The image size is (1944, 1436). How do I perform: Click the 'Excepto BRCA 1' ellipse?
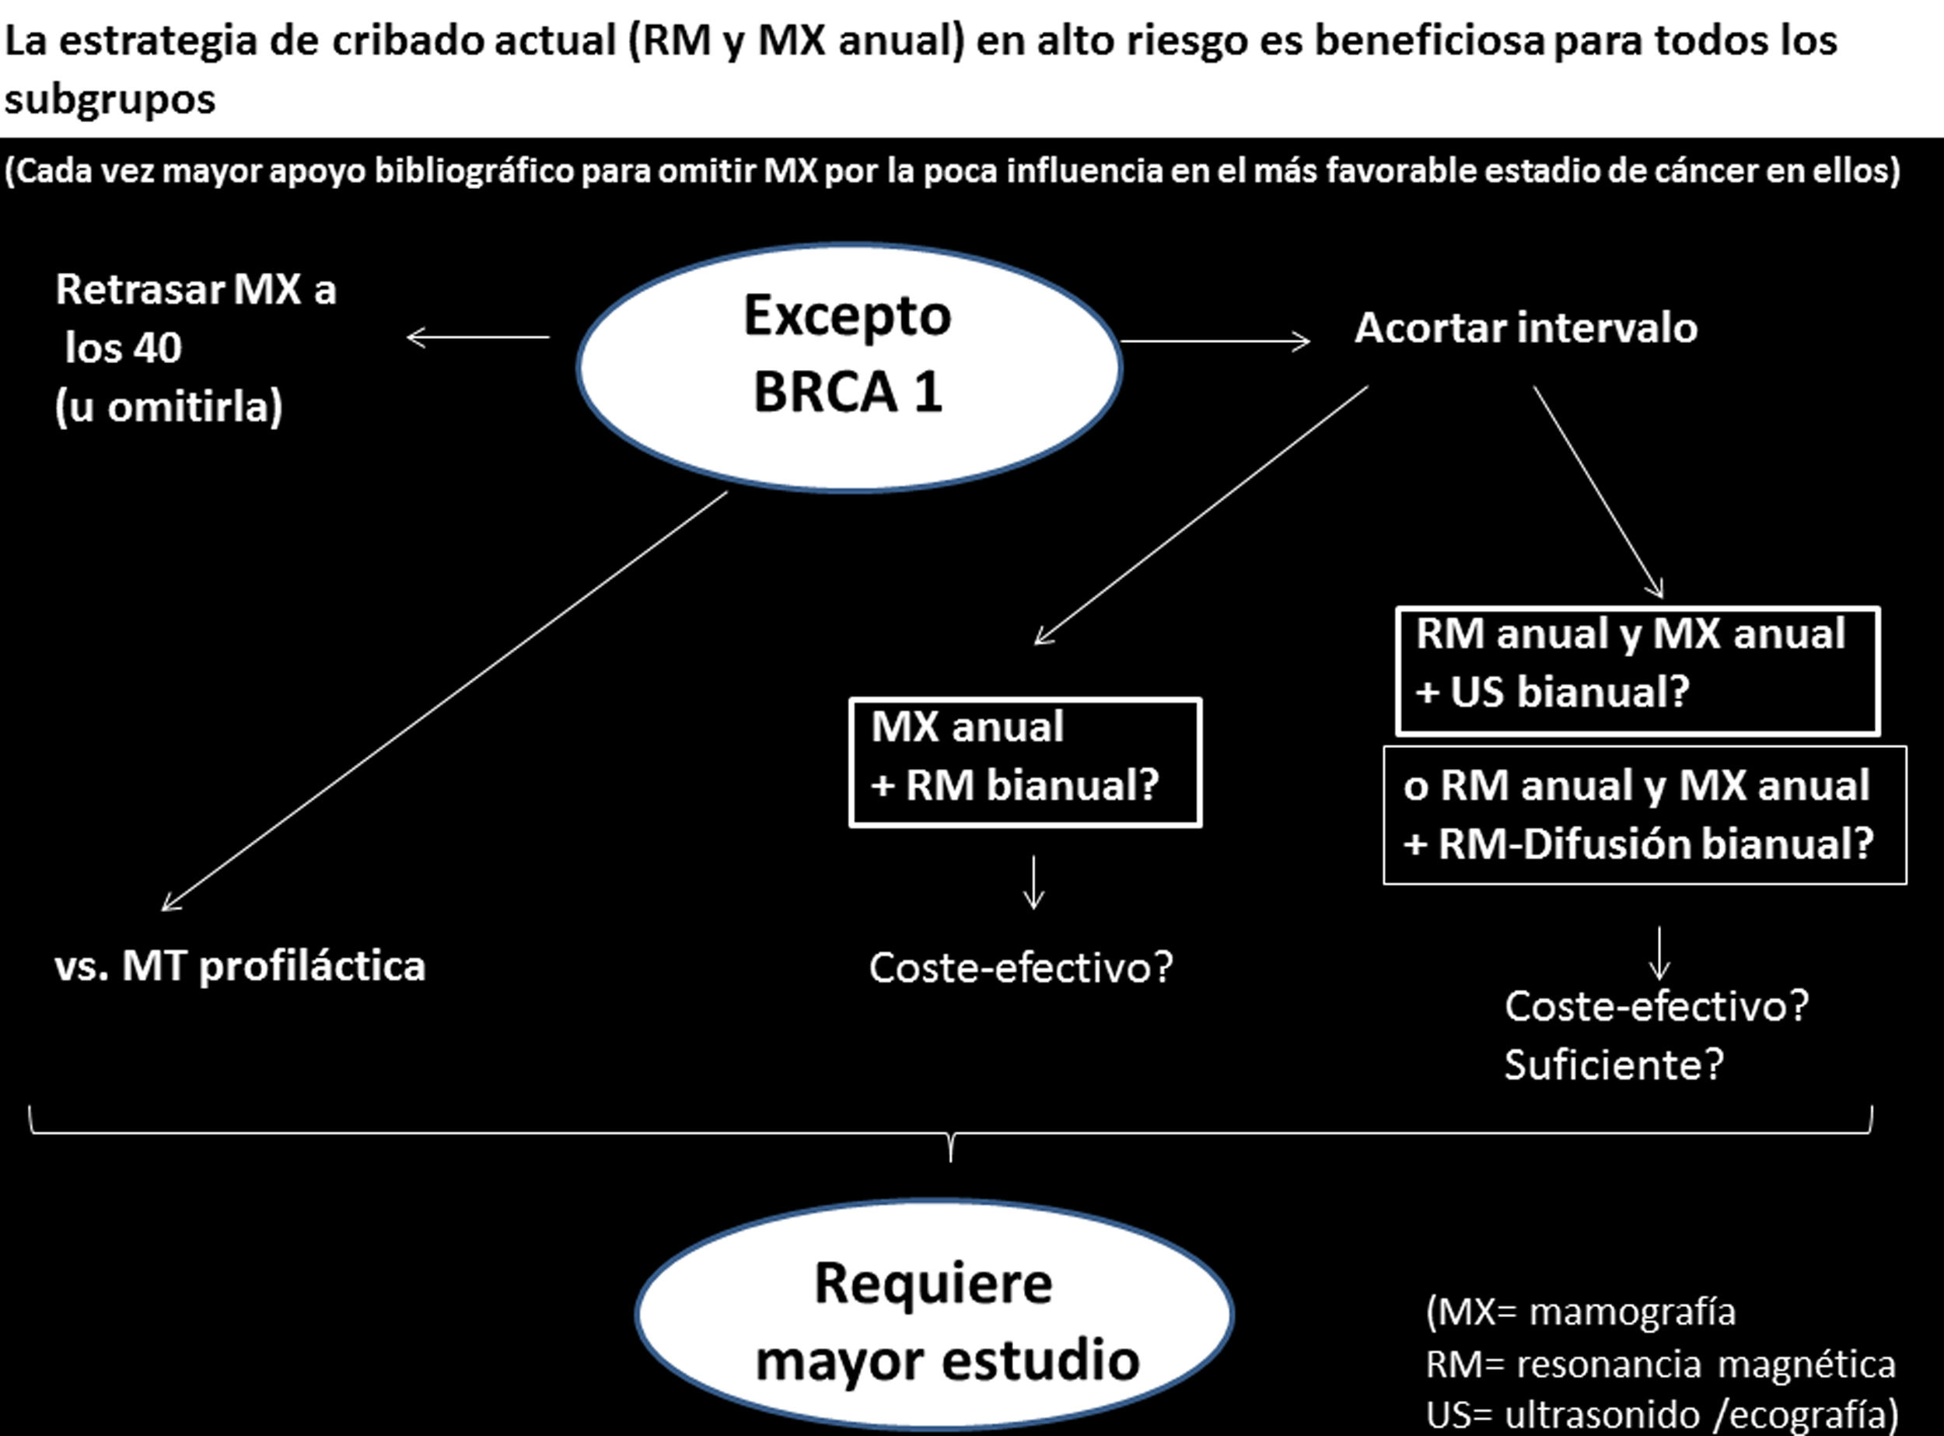point(848,367)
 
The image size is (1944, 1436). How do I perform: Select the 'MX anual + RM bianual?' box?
point(1026,763)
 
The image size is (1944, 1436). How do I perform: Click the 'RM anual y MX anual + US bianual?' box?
point(1638,670)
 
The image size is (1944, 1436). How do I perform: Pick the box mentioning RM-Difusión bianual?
point(1645,816)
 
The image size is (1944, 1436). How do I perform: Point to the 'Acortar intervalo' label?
point(1526,329)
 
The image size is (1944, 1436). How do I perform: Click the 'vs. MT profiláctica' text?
point(240,966)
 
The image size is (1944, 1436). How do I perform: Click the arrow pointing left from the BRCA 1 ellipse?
point(477,337)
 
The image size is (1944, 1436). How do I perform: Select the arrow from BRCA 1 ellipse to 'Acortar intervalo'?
point(1215,341)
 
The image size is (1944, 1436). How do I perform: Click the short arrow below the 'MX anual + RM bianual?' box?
point(1033,882)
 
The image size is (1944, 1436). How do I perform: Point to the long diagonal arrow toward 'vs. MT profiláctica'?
point(443,701)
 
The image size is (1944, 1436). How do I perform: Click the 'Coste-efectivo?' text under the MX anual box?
point(1022,967)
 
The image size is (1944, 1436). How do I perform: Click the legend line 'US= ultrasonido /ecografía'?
point(1661,1415)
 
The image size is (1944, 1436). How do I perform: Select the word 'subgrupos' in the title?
point(110,99)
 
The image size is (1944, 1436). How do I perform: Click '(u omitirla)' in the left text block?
point(169,406)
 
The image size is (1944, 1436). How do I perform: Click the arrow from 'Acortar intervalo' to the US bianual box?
point(1598,492)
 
